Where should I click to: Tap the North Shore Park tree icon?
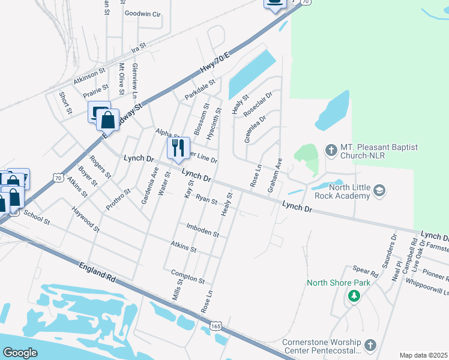coord(354,296)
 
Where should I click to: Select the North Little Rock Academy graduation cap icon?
coord(379,191)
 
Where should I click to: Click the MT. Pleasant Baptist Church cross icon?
coord(330,149)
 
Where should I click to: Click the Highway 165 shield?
coord(216,325)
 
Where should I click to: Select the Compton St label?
coord(188,276)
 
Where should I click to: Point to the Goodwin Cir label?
coord(143,13)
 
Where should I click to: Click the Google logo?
coord(20,352)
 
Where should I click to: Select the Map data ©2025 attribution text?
coord(423,355)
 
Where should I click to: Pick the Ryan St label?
coord(206,200)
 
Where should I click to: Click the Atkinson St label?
coord(89,71)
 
